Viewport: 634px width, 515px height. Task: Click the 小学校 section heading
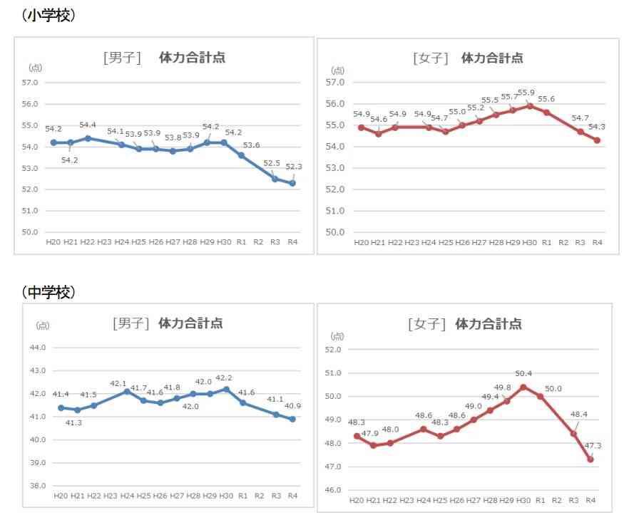click(48, 15)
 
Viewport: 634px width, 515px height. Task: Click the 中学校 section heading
click(48, 291)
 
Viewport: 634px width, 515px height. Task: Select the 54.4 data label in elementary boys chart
click(88, 125)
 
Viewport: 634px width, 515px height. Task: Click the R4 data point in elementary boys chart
click(292, 183)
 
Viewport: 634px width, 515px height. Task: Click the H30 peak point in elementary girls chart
click(530, 105)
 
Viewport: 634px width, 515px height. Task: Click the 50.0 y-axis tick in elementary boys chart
click(30, 232)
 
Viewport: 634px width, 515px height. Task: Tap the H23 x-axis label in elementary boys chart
click(104, 243)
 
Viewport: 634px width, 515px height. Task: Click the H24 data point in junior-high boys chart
click(127, 391)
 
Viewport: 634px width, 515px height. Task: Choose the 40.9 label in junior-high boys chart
click(292, 406)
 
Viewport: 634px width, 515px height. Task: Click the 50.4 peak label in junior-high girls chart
click(523, 373)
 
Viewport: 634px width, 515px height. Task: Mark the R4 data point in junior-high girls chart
click(590, 459)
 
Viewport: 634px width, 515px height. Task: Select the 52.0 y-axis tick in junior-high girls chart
click(333, 350)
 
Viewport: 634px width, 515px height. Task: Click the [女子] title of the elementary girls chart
click(431, 58)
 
